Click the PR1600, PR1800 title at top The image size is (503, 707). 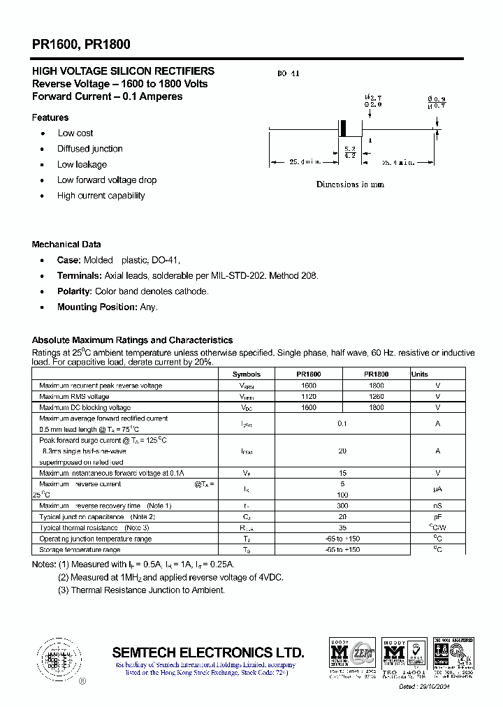click(81, 44)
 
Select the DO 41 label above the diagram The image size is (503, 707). click(288, 73)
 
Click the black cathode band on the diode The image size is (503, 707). click(342, 129)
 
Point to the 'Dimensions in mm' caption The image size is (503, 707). click(350, 184)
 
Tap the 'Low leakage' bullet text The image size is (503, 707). click(82, 164)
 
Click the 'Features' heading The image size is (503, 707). click(50, 117)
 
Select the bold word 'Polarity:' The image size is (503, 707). click(74, 291)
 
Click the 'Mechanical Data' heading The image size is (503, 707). click(66, 245)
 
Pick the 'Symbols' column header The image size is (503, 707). click(247, 374)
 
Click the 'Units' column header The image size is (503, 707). click(420, 374)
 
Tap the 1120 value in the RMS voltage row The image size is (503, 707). click(308, 396)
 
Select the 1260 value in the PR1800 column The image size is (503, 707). click(376, 396)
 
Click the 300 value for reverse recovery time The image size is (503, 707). click(342, 505)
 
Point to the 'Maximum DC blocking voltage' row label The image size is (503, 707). click(85, 407)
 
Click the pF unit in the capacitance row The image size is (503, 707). click(438, 516)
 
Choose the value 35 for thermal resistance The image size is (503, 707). click(342, 527)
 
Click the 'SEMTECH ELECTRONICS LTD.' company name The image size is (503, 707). click(208, 653)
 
